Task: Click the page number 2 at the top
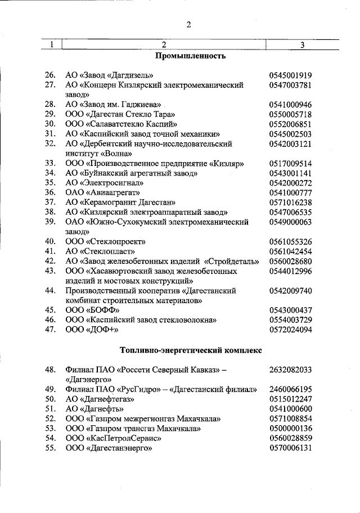click(x=189, y=24)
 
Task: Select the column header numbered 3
click(x=302, y=45)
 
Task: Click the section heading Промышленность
click(x=190, y=56)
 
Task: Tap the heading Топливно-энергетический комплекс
click(x=191, y=350)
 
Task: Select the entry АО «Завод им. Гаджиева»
click(x=114, y=105)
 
